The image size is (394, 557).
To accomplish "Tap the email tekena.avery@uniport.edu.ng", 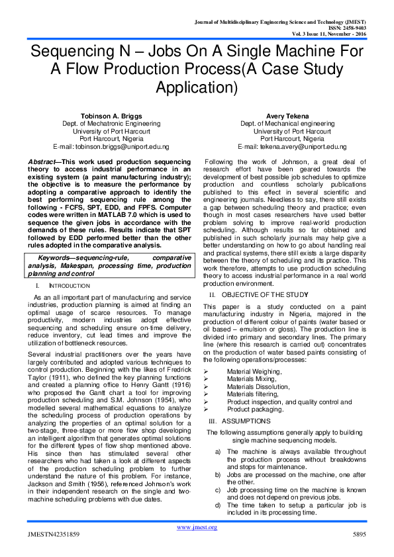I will point(292,146).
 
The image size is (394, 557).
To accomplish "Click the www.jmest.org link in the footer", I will point(196,527).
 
